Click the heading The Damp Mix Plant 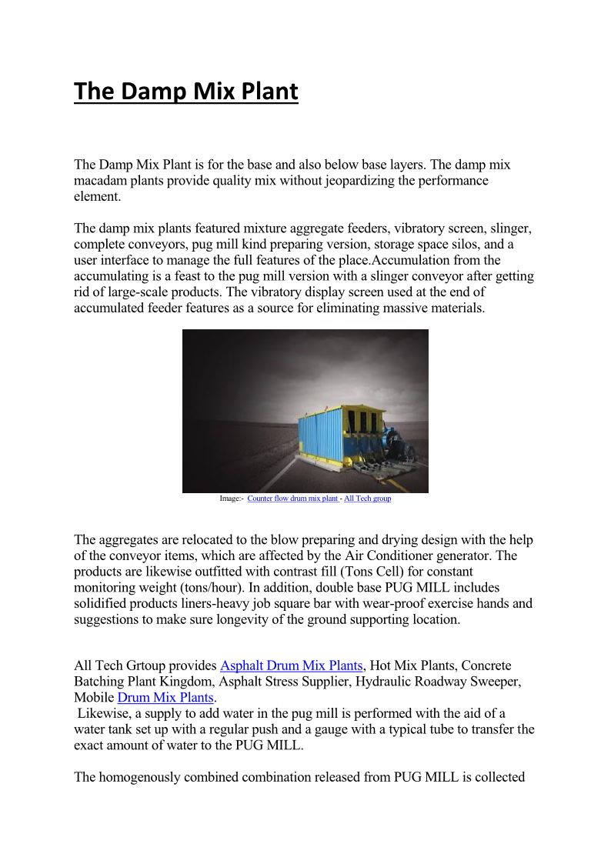(185, 92)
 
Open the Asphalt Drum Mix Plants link (291, 666)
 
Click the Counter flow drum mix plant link (292, 499)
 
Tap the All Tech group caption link (367, 499)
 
